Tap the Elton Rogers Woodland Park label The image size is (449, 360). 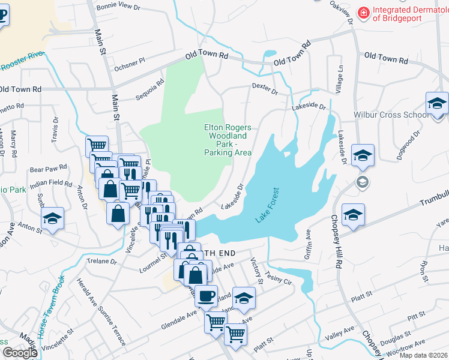click(228, 140)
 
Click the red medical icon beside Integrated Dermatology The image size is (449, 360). click(363, 12)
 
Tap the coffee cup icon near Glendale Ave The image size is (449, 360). click(206, 296)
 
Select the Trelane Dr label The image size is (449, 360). click(101, 261)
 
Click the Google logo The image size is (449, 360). click(20, 353)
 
